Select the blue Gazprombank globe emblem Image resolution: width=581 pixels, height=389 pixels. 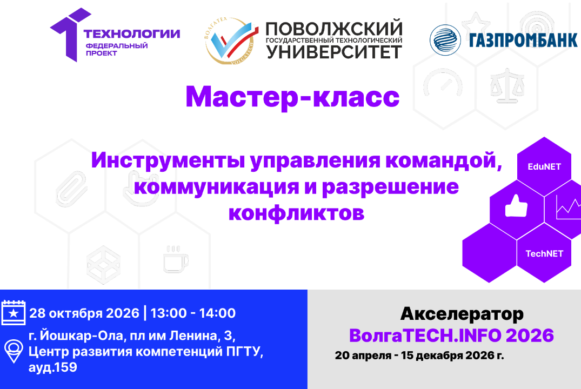[445, 40]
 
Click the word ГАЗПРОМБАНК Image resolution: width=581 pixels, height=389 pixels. [523, 40]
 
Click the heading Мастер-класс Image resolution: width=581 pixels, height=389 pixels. [292, 97]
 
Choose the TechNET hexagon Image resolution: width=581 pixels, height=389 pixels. [544, 253]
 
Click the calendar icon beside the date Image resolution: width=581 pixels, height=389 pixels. [14, 313]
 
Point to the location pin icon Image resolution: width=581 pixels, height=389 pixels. [14, 351]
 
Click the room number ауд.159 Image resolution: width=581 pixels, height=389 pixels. [52, 368]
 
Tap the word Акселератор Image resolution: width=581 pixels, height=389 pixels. [462, 313]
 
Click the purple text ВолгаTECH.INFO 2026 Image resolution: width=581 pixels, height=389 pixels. [451, 336]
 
